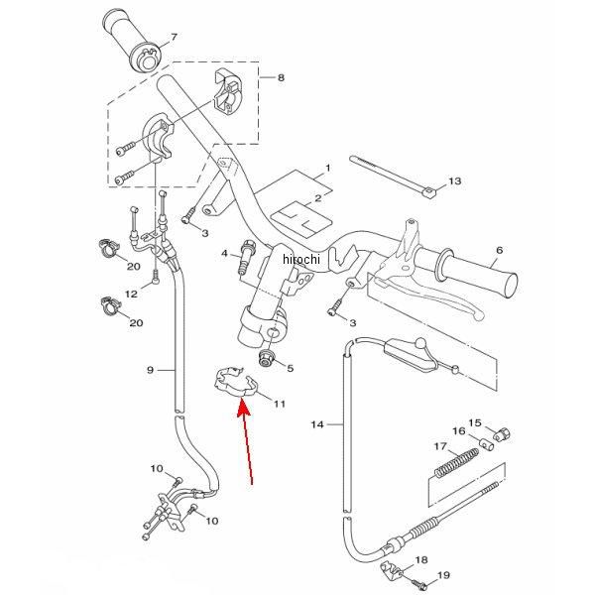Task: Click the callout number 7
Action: pos(174,38)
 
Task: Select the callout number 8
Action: pos(281,76)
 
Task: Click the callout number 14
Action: pos(317,425)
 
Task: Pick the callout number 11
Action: pos(280,405)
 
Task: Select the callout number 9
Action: pos(150,370)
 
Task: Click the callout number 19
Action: pos(443,574)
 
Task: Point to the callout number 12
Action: pos(129,293)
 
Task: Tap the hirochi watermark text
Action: pos(301,259)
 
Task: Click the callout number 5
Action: pos(291,368)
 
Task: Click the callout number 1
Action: pos(324,170)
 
